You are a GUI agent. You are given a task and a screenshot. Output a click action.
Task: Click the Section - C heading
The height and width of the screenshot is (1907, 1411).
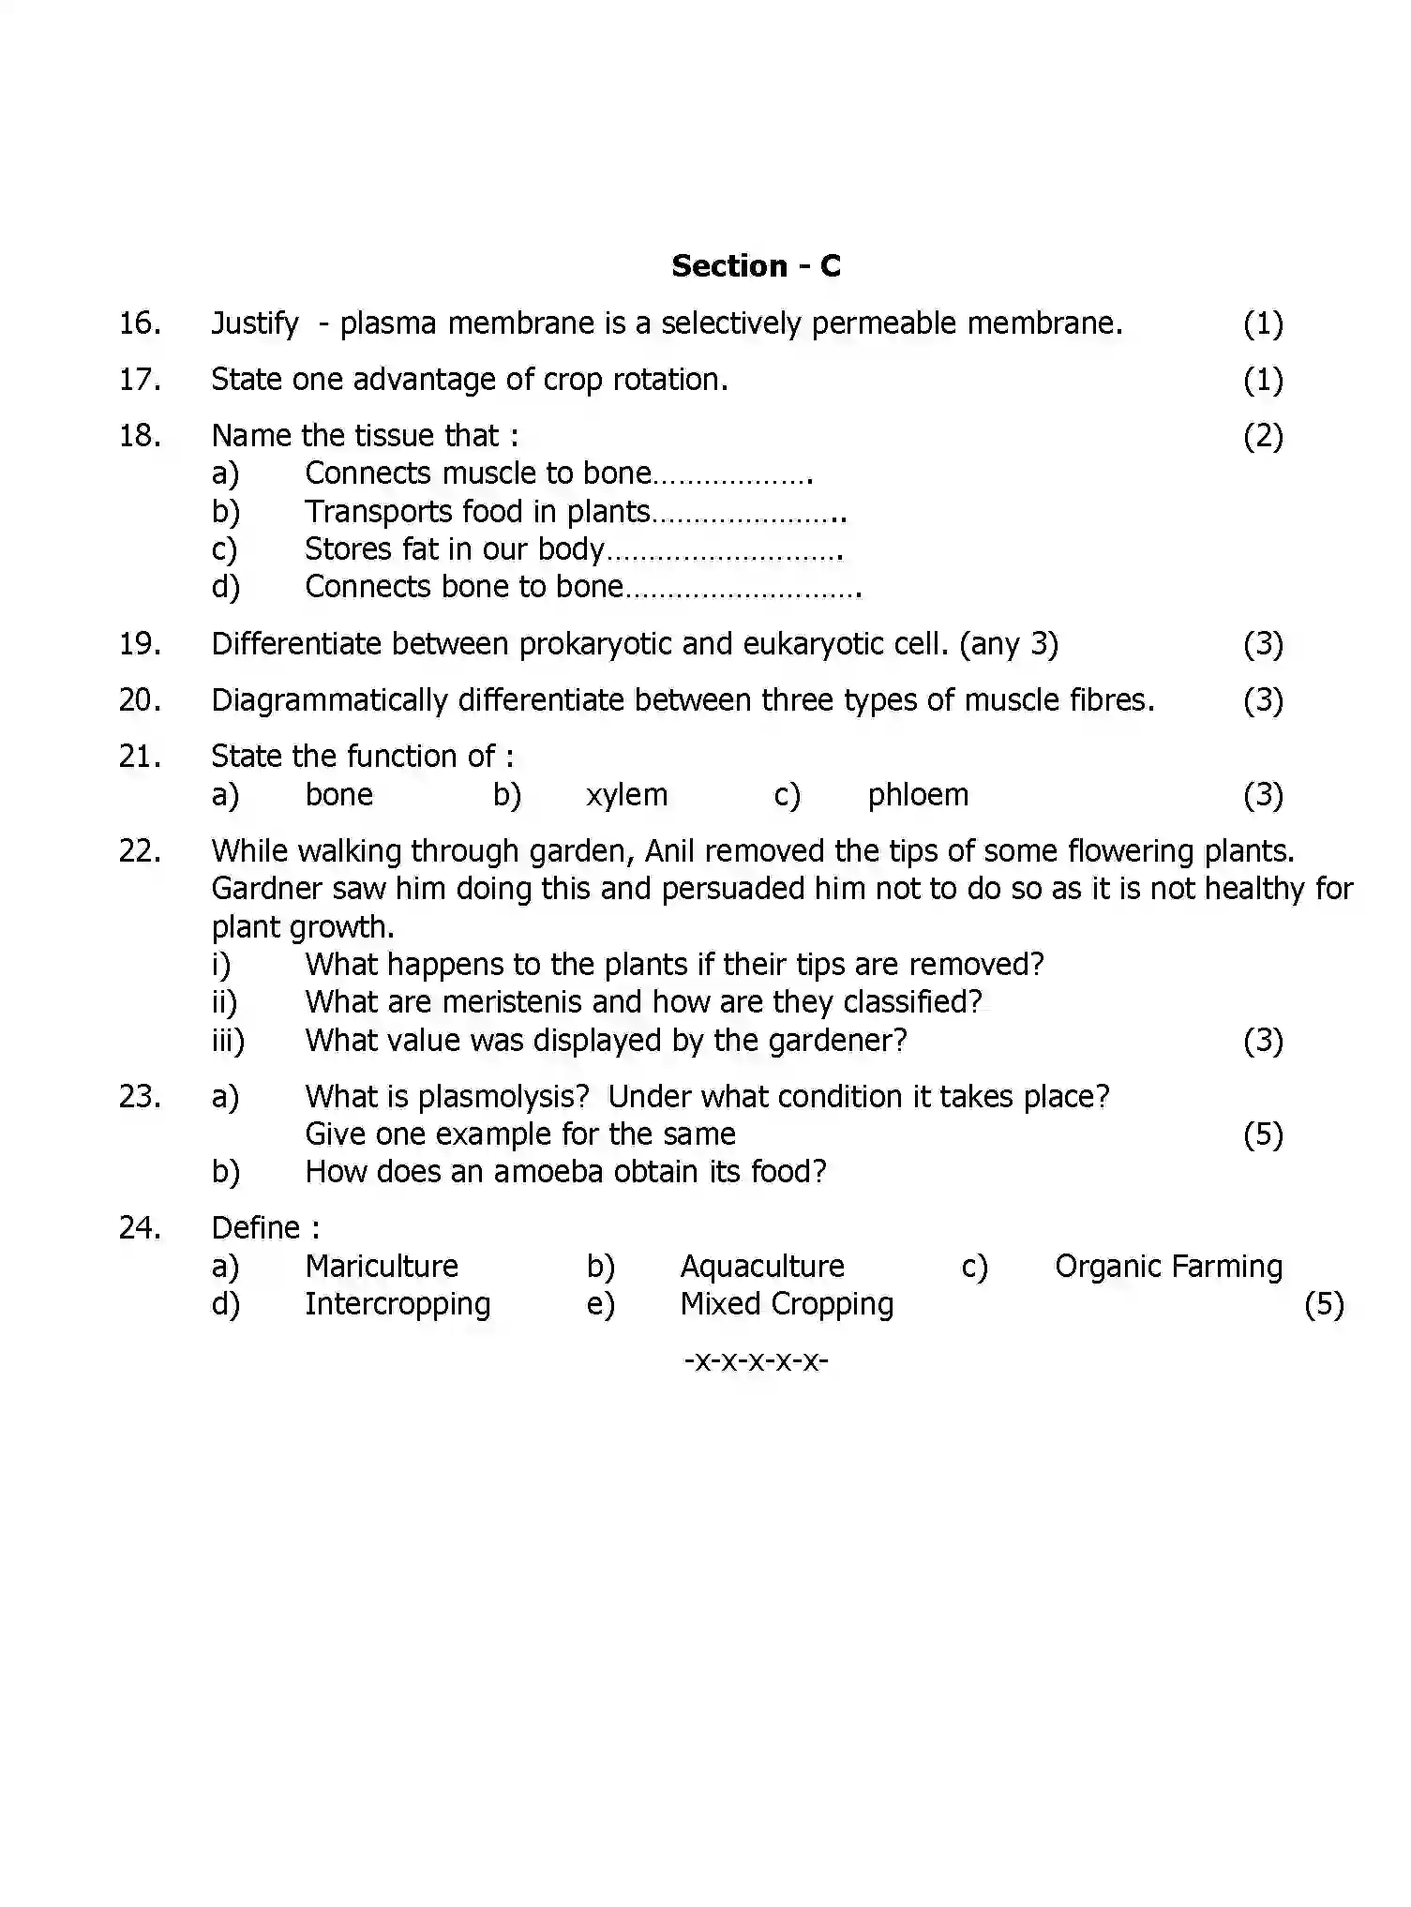[x=756, y=266]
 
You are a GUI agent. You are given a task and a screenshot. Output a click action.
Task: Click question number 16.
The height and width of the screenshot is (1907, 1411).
[x=140, y=323]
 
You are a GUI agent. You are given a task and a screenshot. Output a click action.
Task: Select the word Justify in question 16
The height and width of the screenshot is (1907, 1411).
[x=254, y=324]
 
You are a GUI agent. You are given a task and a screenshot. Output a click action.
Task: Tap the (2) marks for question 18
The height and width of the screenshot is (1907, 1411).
[x=1262, y=436]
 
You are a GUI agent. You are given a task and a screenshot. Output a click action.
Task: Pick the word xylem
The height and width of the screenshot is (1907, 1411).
[x=626, y=795]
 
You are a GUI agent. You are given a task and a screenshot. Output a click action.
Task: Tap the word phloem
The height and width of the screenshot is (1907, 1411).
[x=917, y=795]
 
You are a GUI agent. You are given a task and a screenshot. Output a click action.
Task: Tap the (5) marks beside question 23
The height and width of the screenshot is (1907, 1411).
[x=1262, y=1135]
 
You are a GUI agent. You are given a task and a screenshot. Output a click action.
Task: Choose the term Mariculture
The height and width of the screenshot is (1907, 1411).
[x=382, y=1267]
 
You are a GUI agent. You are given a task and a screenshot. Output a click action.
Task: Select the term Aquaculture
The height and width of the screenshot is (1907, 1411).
[x=761, y=1267]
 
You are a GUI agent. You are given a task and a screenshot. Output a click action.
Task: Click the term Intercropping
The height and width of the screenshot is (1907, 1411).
[x=398, y=1304]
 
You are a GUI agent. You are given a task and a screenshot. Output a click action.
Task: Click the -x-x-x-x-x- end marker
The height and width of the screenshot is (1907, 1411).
[x=756, y=1360]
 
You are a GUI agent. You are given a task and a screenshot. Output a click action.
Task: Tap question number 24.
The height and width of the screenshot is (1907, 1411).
[x=140, y=1228]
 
